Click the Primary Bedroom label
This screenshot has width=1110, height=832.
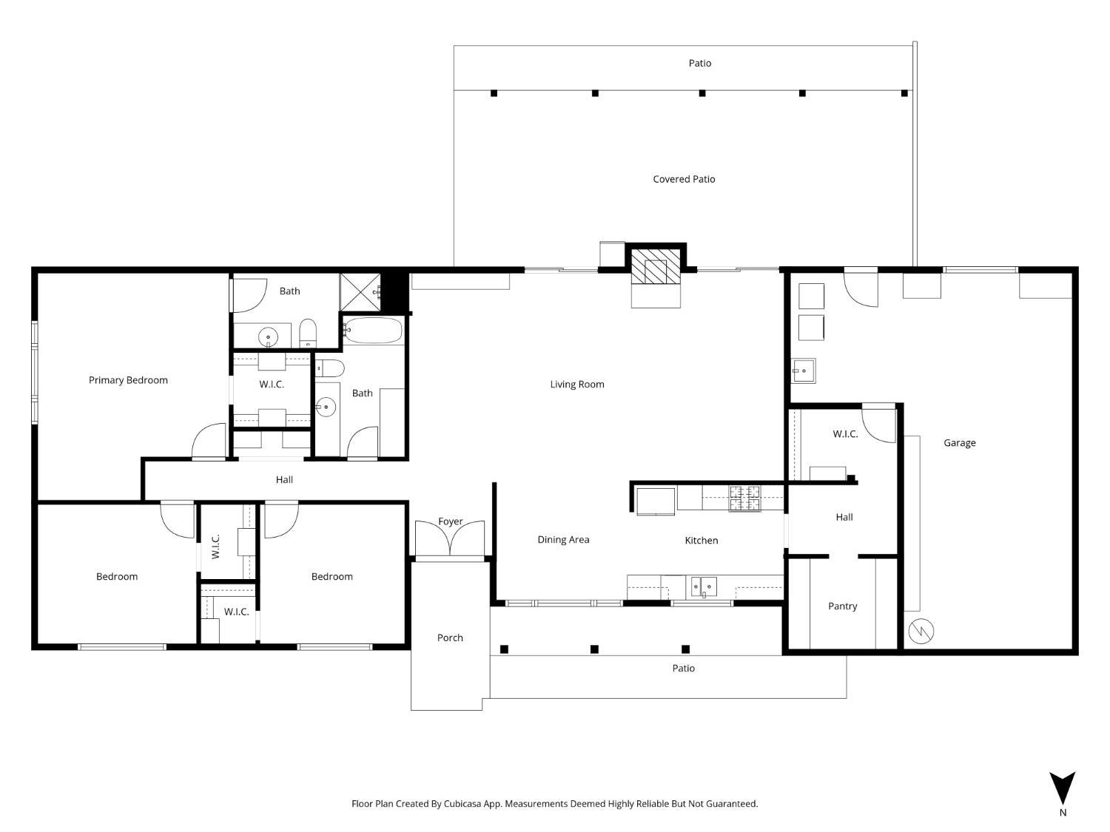tap(128, 380)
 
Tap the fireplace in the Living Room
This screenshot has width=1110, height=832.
tap(656, 266)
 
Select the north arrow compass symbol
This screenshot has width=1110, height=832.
tap(1063, 788)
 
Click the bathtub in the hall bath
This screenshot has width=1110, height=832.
tap(373, 331)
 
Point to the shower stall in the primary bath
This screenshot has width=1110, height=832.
tap(360, 291)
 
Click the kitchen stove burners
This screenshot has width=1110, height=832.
tap(744, 498)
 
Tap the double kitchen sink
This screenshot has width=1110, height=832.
tap(704, 586)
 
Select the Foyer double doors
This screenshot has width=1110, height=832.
tap(450, 539)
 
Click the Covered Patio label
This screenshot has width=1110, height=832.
tap(684, 179)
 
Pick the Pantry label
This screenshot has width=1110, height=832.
tap(842, 606)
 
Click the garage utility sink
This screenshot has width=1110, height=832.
tap(804, 371)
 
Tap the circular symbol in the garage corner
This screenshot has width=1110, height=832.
tap(921, 631)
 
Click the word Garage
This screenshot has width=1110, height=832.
tap(959, 443)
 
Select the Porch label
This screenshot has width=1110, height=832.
tap(450, 637)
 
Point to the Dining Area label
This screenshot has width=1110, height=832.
tap(563, 540)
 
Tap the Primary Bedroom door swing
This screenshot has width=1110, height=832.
tap(209, 442)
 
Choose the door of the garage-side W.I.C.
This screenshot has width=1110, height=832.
tap(879, 424)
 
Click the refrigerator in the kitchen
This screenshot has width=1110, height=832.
tap(656, 501)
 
